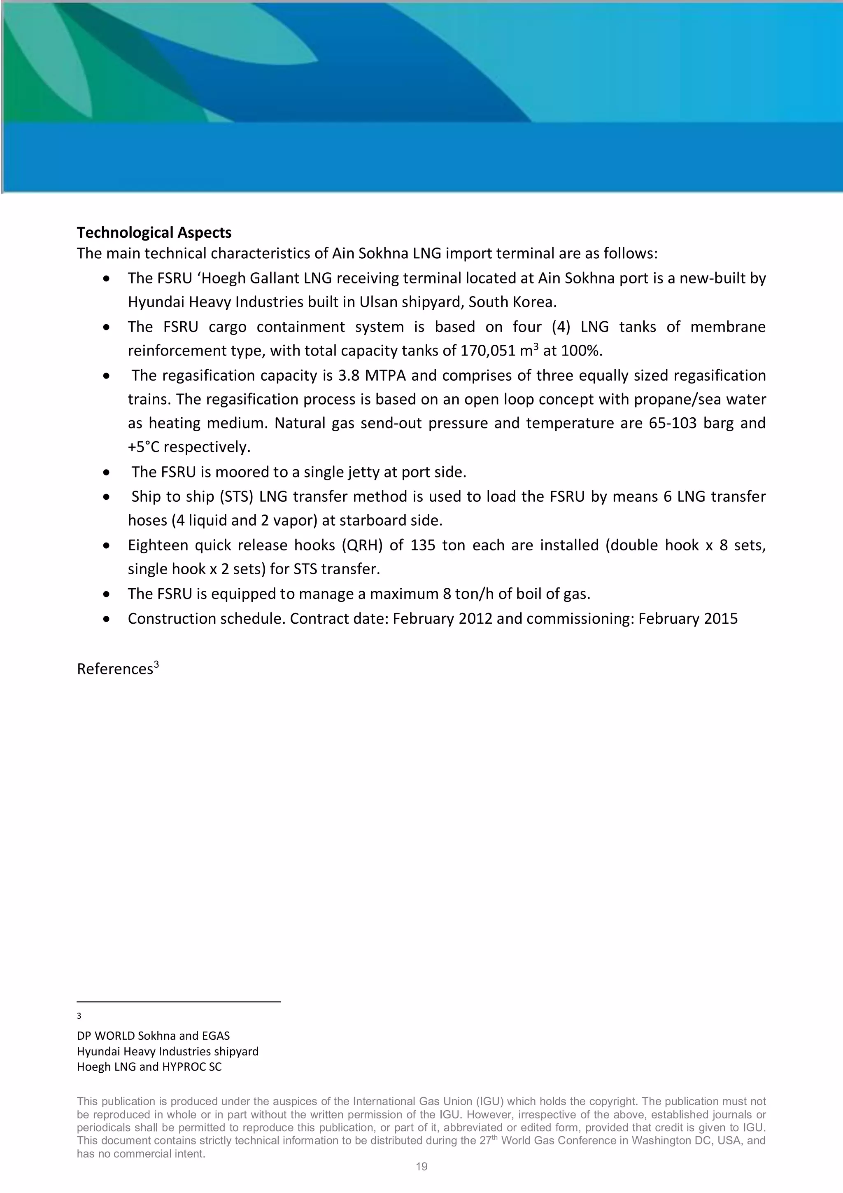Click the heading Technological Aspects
point(154,232)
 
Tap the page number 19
point(421,1167)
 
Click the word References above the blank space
point(115,669)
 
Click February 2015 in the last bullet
point(688,618)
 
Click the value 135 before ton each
point(423,545)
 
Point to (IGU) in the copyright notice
point(489,1101)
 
